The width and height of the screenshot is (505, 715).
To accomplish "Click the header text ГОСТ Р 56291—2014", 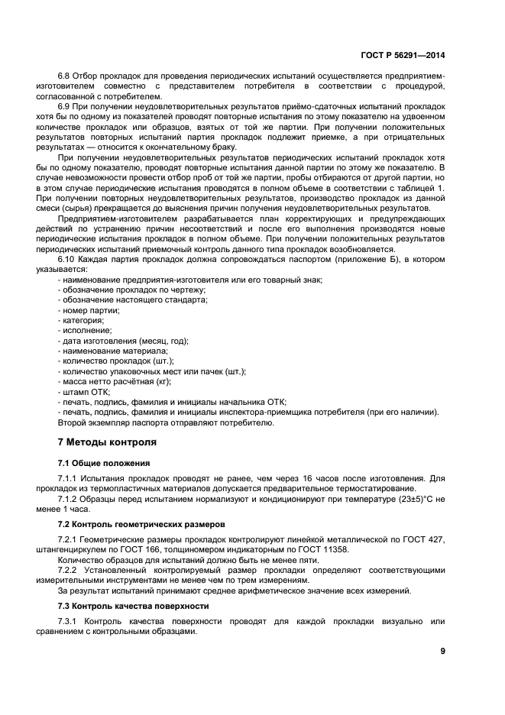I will pos(403,55).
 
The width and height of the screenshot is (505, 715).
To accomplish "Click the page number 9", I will pos(442,651).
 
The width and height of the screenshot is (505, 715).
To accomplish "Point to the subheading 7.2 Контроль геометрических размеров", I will pos(141,526).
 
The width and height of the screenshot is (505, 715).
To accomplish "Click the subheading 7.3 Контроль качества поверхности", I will pos(134,606).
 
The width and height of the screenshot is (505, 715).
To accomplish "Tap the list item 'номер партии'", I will pos(89,310).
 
